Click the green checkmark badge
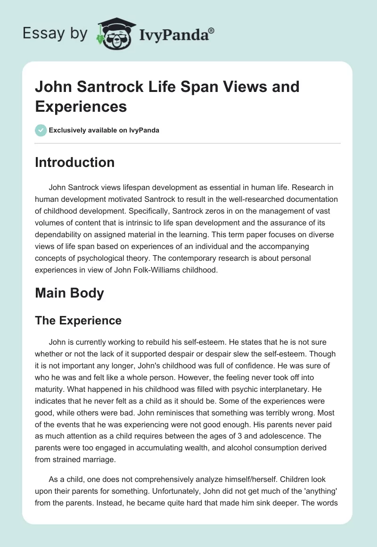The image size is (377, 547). pyautogui.click(x=41, y=130)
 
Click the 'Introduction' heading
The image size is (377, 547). pyautogui.click(x=75, y=162)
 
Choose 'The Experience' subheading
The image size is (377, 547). pyautogui.click(x=78, y=321)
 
